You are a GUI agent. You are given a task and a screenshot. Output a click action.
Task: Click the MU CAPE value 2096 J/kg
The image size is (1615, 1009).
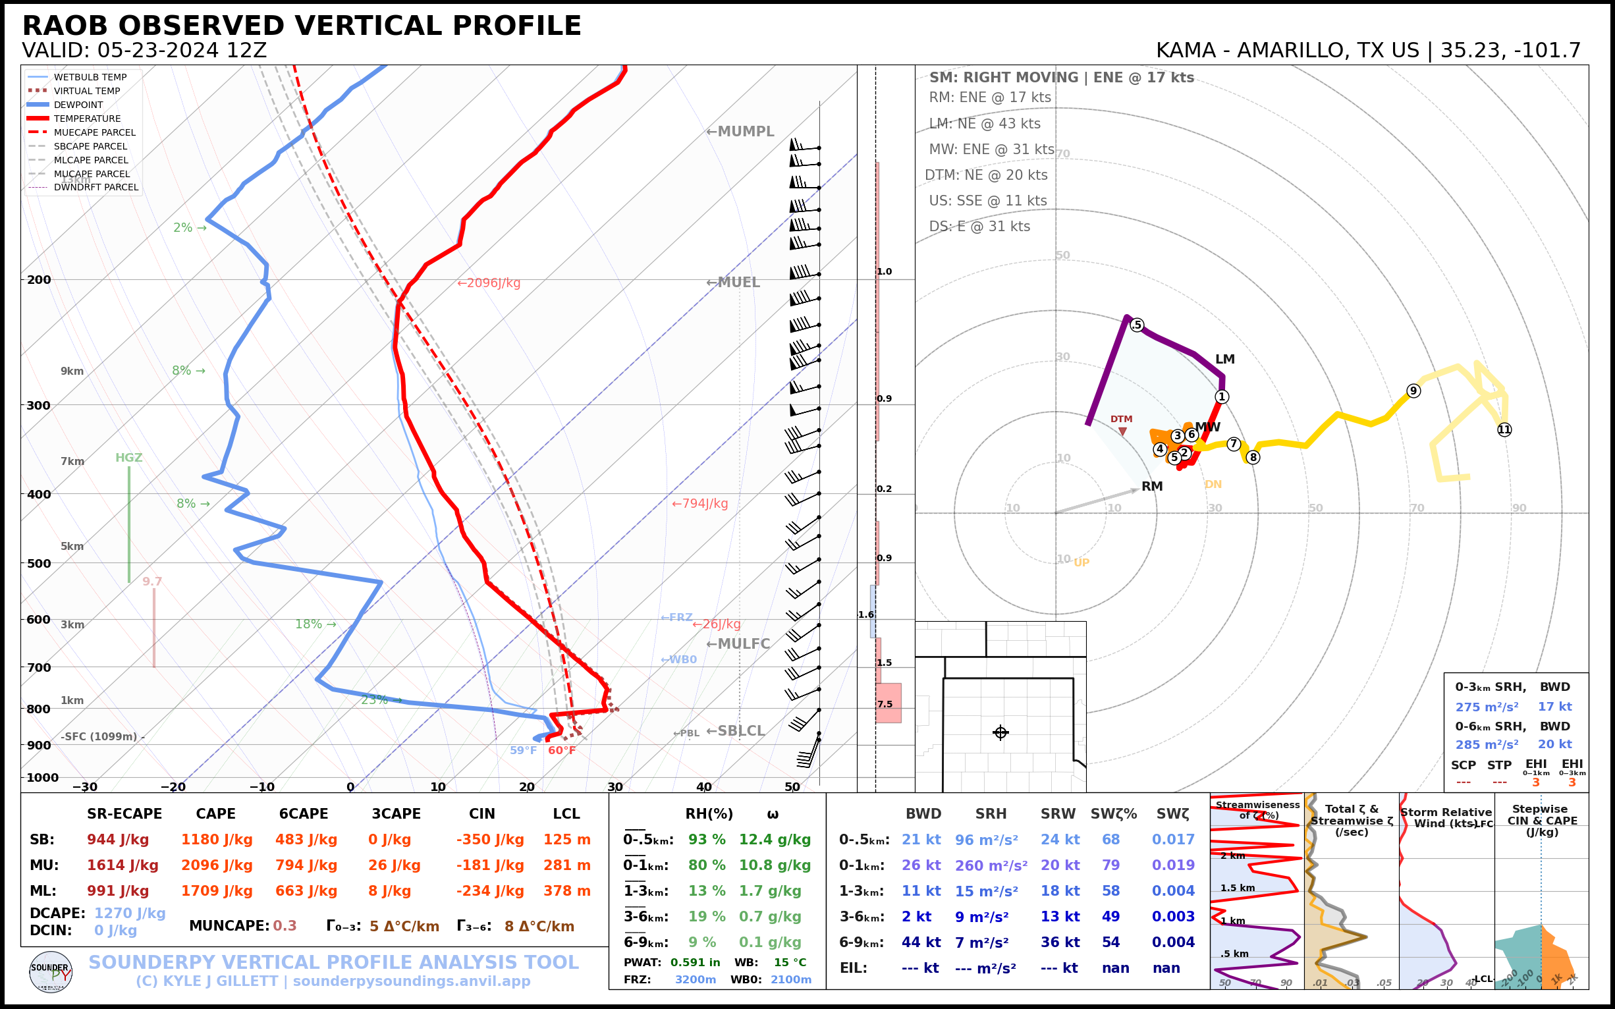[216, 865]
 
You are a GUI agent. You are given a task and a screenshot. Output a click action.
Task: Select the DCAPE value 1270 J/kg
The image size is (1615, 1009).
[130, 913]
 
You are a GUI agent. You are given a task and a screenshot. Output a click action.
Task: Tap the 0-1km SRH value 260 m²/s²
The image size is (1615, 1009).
[991, 865]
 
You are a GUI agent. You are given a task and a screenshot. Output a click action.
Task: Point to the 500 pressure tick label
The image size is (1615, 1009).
[39, 563]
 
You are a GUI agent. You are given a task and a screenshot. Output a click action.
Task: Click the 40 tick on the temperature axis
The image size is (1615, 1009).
[703, 787]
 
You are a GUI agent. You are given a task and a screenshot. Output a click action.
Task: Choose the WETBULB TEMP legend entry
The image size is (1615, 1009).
[90, 78]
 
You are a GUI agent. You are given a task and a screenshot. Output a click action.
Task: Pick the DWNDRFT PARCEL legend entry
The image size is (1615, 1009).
[96, 188]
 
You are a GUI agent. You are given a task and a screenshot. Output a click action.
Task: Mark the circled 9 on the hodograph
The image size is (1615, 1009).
[1413, 391]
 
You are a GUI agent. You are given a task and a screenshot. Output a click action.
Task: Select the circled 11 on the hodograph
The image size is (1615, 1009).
[1504, 430]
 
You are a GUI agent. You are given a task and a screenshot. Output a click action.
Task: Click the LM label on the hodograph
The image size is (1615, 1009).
[1224, 359]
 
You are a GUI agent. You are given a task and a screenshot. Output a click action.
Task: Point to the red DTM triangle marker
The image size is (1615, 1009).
[1122, 432]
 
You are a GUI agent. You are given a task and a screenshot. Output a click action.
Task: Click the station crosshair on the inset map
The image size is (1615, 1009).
[1000, 733]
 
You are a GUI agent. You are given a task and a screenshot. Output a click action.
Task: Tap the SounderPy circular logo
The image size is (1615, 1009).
[51, 971]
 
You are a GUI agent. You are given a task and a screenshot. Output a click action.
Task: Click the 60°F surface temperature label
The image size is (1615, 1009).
[561, 751]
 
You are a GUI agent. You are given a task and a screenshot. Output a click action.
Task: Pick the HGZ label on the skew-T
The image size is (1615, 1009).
[129, 458]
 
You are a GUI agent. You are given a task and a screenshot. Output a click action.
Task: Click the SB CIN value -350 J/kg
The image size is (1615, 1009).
[490, 840]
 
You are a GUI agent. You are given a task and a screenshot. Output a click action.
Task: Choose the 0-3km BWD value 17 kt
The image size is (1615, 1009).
[1554, 706]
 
